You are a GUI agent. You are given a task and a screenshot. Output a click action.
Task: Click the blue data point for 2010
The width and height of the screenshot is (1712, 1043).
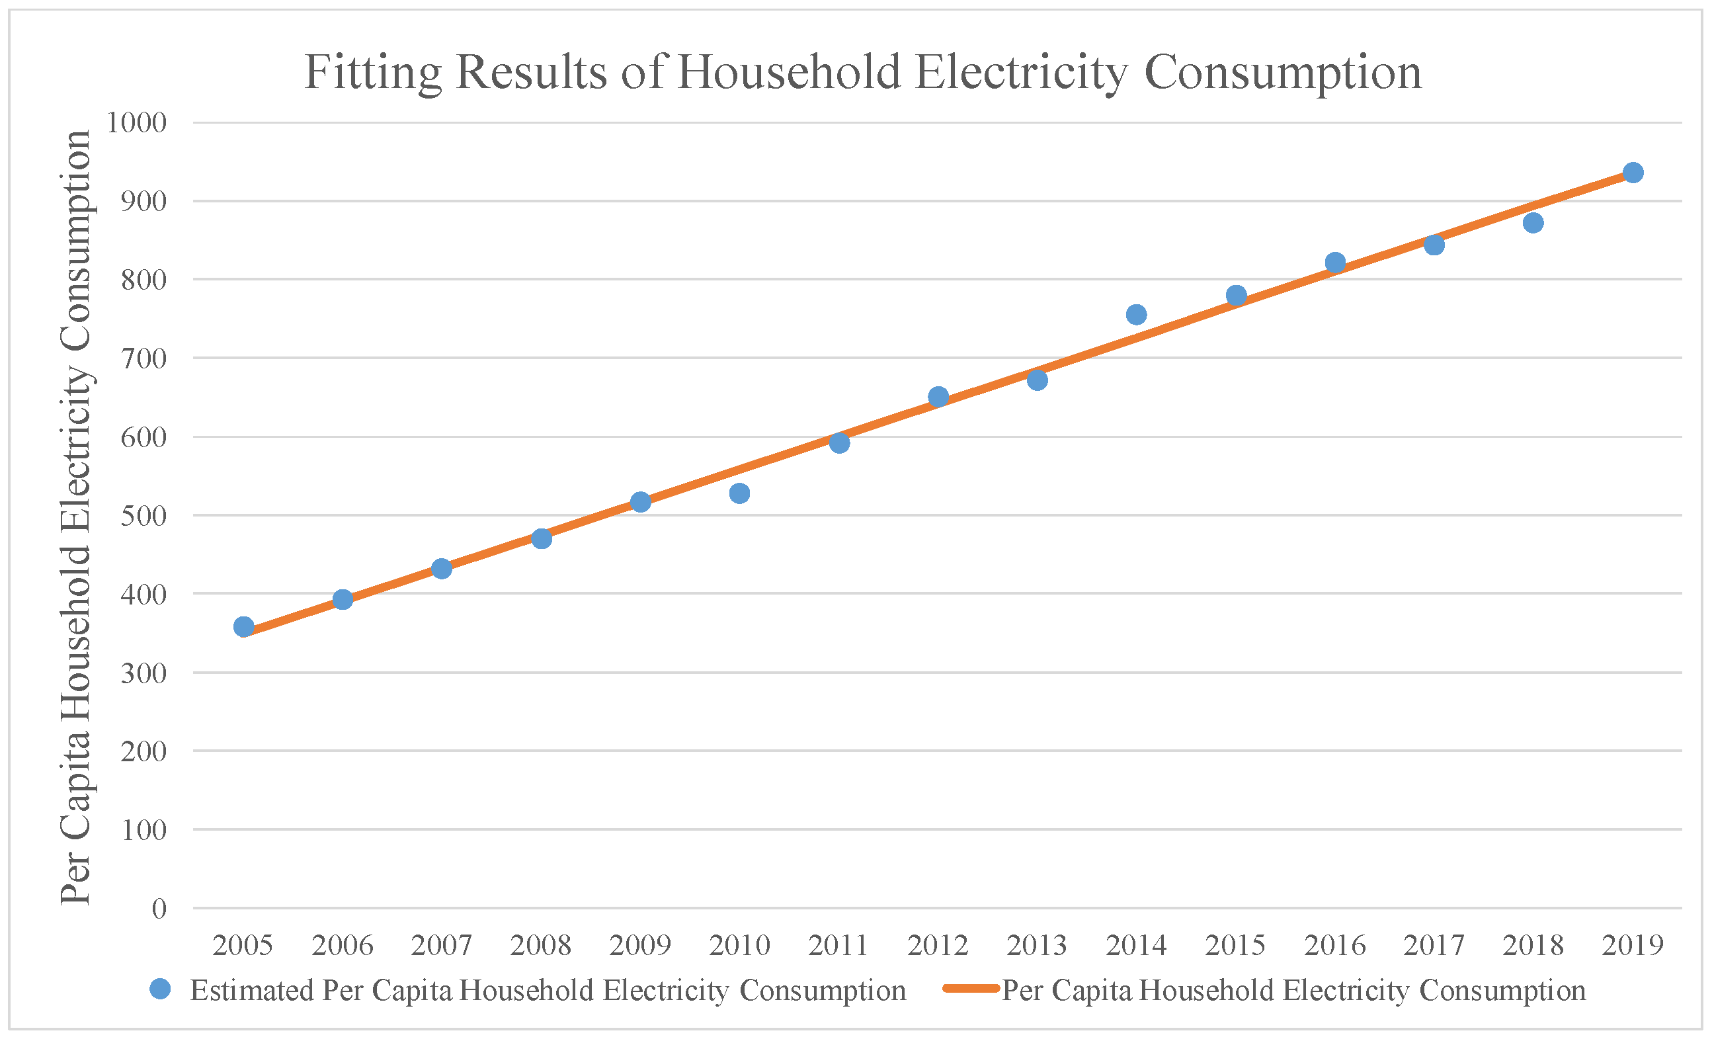click(739, 493)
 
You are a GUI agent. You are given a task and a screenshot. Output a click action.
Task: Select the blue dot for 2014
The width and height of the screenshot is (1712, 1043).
click(1136, 315)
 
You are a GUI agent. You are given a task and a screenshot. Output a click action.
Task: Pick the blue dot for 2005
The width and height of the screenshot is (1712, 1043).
click(244, 627)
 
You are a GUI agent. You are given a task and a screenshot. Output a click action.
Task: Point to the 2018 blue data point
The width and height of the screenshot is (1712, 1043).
click(1533, 223)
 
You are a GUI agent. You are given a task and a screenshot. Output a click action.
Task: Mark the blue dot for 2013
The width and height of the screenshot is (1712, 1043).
click(1038, 380)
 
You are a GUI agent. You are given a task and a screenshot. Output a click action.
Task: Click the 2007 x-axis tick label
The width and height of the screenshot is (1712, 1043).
click(441, 946)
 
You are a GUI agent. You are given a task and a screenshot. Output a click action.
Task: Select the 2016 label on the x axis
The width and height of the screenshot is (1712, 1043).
click(1334, 946)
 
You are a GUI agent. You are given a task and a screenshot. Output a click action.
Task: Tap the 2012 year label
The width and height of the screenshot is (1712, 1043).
click(938, 946)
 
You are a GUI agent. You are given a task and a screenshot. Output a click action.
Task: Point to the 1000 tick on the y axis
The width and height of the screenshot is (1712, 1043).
click(137, 123)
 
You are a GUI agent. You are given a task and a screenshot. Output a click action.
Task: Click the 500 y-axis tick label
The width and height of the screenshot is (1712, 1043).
click(144, 516)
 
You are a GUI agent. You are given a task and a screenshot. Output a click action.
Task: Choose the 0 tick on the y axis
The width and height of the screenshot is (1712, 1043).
click(159, 909)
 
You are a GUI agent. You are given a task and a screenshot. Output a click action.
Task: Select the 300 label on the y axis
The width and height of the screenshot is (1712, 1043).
click(144, 673)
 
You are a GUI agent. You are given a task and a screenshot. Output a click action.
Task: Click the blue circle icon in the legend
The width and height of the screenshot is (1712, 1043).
click(161, 989)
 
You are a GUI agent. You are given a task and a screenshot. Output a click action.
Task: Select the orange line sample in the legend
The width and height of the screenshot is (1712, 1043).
click(971, 989)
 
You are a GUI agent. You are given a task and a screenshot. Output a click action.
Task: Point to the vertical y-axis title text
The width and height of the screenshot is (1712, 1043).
click(76, 518)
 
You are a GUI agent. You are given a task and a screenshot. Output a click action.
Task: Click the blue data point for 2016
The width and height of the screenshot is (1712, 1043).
click(1334, 263)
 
